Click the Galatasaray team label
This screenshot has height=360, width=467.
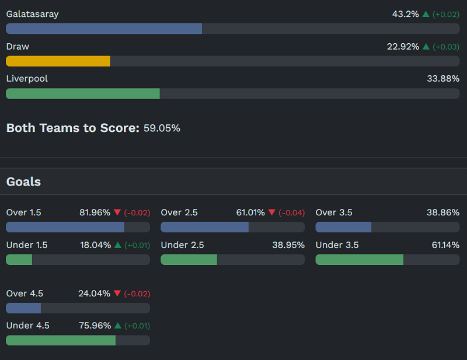32,14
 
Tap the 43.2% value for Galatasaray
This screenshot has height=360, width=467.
405,14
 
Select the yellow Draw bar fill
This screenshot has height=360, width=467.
58,61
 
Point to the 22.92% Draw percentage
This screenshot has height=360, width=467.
403,47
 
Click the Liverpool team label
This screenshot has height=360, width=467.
27,79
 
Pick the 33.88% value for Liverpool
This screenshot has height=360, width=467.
443,79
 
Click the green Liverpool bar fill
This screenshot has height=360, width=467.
82,93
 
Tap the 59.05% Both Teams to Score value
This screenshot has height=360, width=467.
162,128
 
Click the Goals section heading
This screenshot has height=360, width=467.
23,182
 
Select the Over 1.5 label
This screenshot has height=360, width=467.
24,212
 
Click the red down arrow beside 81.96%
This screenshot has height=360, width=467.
117,212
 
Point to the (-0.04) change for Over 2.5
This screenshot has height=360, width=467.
291,213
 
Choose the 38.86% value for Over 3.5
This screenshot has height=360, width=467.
442,212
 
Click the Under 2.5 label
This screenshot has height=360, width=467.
182,245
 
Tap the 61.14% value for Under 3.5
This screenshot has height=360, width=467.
445,245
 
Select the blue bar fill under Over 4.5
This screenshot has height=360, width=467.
23,308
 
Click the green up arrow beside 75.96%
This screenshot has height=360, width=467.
118,326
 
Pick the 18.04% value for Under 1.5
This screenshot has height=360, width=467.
95,245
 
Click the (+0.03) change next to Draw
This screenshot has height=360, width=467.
446,47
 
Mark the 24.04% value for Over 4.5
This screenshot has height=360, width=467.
94,293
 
